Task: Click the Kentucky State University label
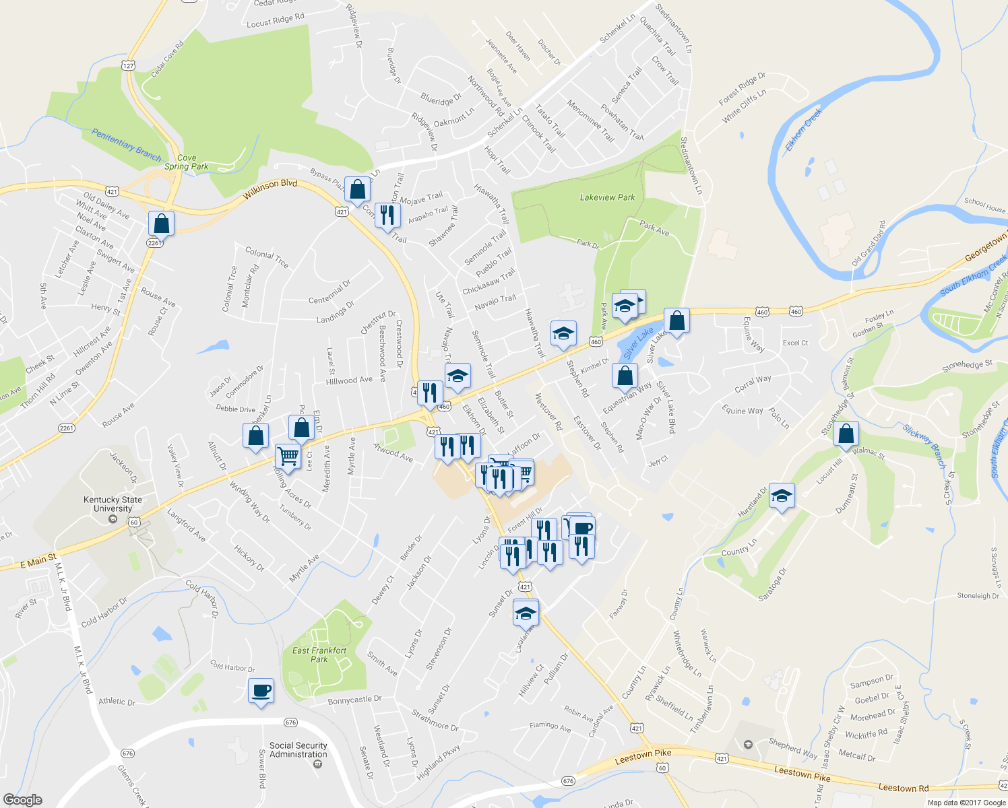(113, 504)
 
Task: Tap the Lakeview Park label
(607, 197)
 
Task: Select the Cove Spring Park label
(186, 162)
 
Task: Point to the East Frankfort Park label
(319, 654)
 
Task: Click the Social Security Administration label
(298, 749)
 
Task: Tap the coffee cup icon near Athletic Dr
(261, 691)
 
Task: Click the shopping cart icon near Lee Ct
(288, 456)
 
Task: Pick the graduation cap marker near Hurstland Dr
(781, 496)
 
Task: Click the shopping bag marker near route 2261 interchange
(161, 223)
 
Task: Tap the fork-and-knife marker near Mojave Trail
(387, 215)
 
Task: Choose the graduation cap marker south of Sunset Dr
(526, 613)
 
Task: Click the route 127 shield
(129, 65)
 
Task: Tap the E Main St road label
(39, 560)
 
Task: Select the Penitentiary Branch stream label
(127, 145)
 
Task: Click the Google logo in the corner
(22, 799)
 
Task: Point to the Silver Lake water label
(638, 343)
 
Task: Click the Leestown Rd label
(903, 787)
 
